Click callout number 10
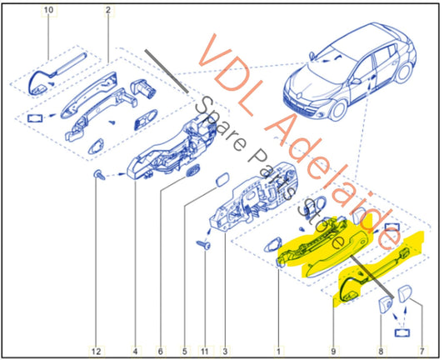(x=48, y=10)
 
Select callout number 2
(x=108, y=10)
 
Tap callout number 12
(x=96, y=352)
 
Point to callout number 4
(x=135, y=352)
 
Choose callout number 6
(x=160, y=352)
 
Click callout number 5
(x=185, y=352)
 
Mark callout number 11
(x=205, y=352)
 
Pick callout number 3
(x=225, y=352)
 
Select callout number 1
(x=278, y=352)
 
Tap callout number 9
(x=333, y=352)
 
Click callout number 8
(x=381, y=352)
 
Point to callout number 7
(x=422, y=352)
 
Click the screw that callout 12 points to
(x=99, y=175)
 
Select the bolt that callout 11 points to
(x=203, y=244)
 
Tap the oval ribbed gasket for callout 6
(x=192, y=172)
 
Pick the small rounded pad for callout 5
(x=222, y=179)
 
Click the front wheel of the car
(x=338, y=109)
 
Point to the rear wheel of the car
(x=404, y=72)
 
